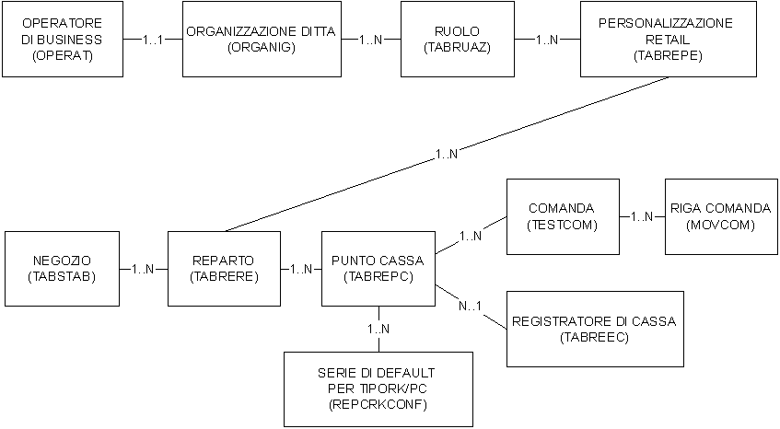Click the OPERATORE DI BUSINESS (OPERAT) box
point(62,40)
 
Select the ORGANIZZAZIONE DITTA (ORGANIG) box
point(262,40)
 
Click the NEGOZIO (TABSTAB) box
point(62,268)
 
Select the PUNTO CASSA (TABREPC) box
point(378,268)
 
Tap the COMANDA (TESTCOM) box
point(562,216)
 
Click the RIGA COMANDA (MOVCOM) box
point(720,216)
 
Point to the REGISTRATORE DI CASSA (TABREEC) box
point(593,329)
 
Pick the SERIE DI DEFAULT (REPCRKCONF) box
point(378,388)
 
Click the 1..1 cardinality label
point(154,41)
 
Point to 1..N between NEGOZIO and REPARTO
point(144,269)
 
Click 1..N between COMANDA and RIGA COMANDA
point(642,216)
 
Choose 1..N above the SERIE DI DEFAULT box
point(378,329)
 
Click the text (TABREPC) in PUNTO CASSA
point(378,276)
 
